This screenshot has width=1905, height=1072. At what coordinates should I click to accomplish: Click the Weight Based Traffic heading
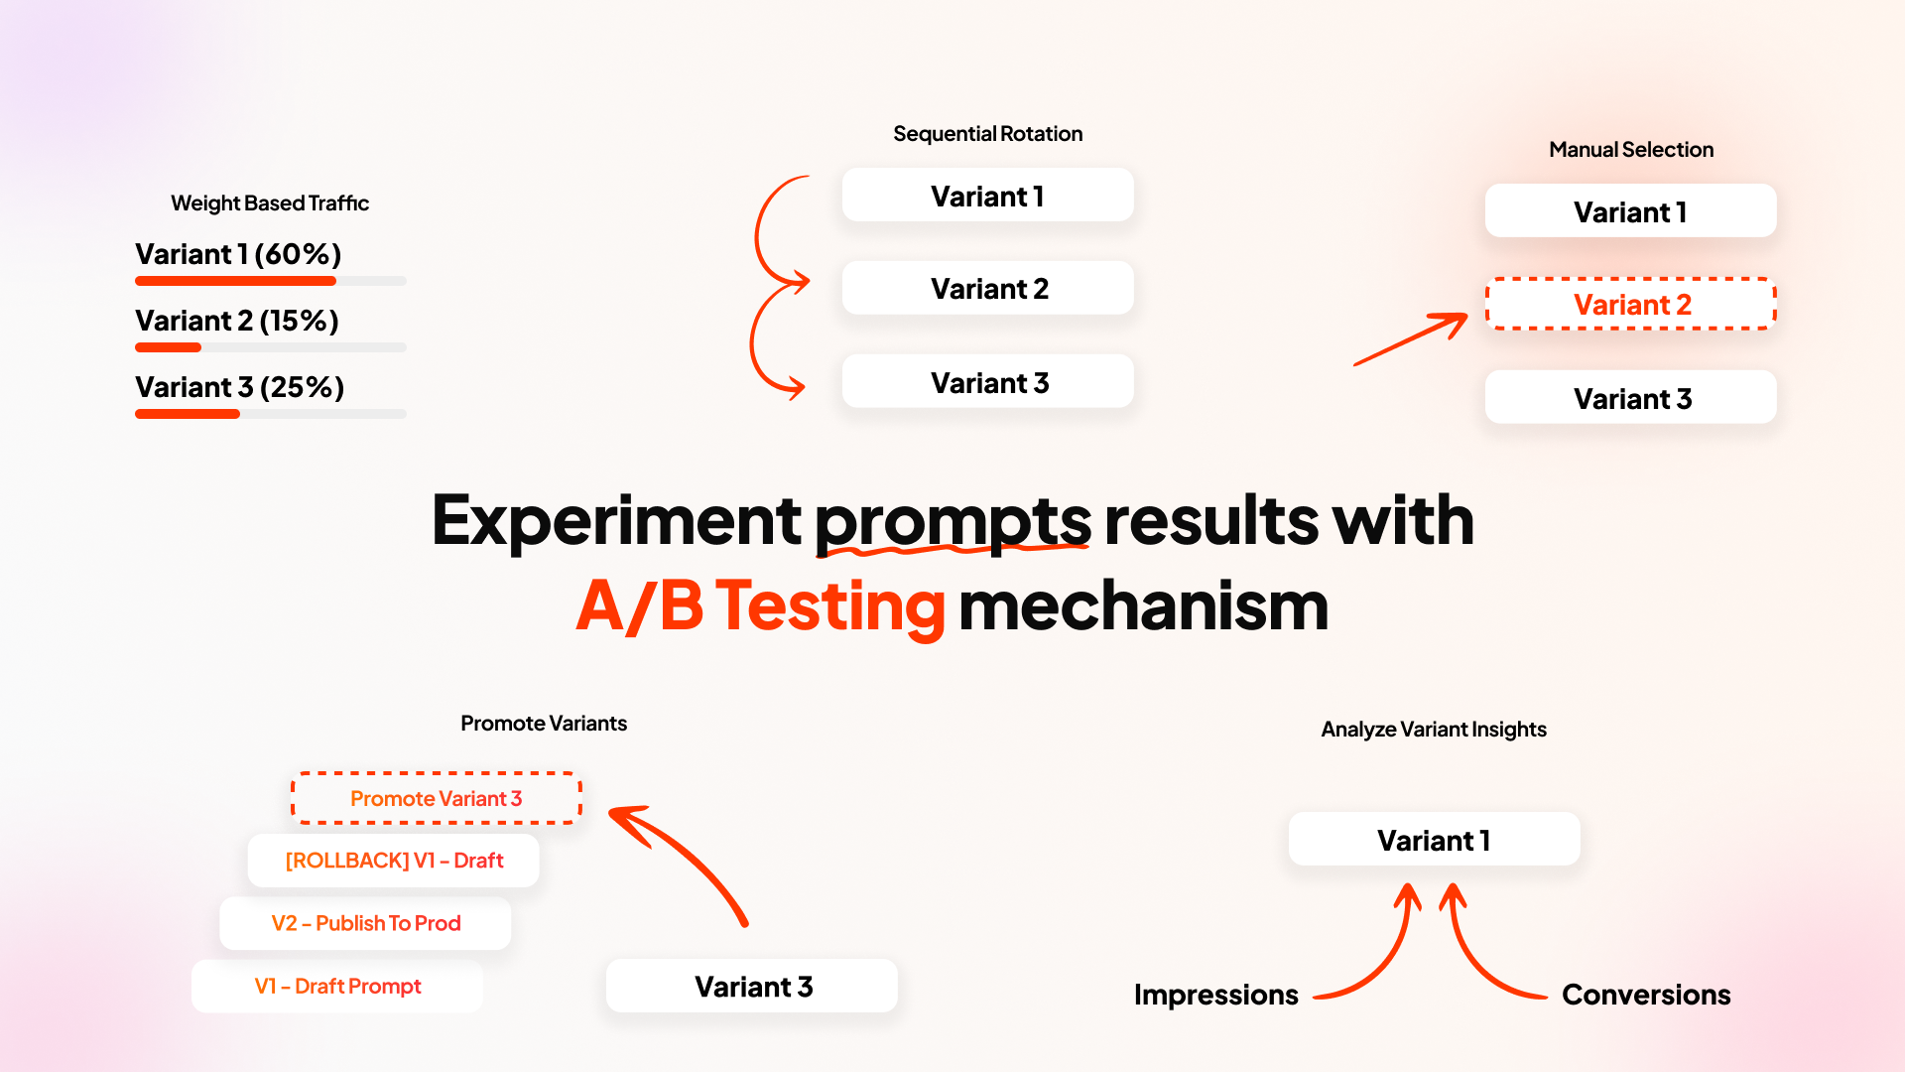(x=270, y=203)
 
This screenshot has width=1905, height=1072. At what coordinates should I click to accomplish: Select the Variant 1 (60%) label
(x=238, y=254)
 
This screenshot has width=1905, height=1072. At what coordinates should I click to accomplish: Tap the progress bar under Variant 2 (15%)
(x=270, y=347)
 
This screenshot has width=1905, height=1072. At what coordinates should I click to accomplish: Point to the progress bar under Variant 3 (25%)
(x=270, y=414)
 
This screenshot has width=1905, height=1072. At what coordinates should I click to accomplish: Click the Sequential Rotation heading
(x=987, y=134)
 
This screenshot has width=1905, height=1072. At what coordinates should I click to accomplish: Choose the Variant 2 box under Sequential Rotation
(x=988, y=289)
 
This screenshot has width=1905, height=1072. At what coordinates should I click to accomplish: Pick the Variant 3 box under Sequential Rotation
(x=988, y=382)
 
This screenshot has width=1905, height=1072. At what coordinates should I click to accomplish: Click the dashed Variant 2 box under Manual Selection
(x=1630, y=305)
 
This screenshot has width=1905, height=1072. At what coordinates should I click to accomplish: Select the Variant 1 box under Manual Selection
(x=1630, y=211)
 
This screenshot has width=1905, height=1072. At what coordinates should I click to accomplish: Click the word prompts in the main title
(x=952, y=521)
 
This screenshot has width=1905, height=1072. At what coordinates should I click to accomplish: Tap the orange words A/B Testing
(x=761, y=606)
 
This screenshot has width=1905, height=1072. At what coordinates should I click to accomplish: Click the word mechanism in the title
(x=1143, y=606)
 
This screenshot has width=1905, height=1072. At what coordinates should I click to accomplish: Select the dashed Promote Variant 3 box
(x=436, y=799)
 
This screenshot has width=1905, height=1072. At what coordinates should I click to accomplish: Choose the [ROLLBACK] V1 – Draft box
(x=394, y=861)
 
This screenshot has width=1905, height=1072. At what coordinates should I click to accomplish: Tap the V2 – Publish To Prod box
(x=365, y=923)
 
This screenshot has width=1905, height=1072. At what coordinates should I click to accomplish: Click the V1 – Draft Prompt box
(x=337, y=987)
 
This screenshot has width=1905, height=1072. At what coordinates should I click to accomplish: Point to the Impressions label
(x=1215, y=995)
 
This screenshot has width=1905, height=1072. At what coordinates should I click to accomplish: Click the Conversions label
(x=1645, y=995)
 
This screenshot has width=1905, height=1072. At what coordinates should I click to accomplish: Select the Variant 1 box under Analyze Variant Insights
(x=1434, y=841)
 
